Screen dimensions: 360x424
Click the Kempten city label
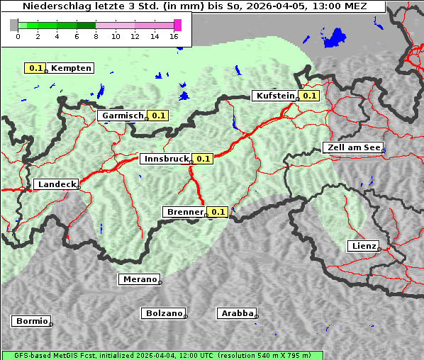pos(71,68)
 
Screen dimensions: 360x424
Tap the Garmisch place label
pos(123,116)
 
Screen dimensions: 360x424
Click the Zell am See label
pos(352,147)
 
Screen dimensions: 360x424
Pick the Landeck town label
pos(56,184)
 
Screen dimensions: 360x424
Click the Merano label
pos(139,279)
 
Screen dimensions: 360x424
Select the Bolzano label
pos(164,313)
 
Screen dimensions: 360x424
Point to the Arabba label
pos(236,313)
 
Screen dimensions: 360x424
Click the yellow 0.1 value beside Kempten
pos(36,68)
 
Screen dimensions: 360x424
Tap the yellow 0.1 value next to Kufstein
pos(308,96)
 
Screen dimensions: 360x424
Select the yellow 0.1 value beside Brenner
pos(217,212)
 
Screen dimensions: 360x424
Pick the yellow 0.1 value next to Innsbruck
pos(203,159)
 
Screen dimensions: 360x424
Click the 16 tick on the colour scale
pos(174,36)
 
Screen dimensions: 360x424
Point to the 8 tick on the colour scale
pos(96,36)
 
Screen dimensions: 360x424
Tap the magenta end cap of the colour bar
pos(177,25)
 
